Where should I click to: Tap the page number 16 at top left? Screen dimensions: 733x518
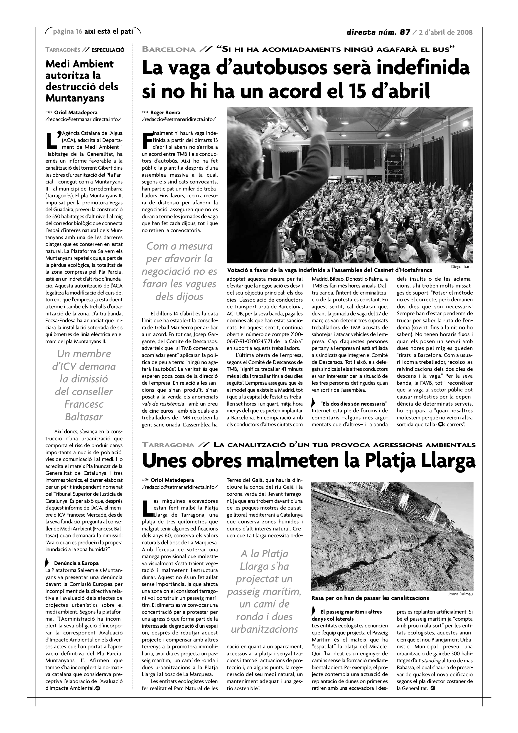pyautogui.click(x=79, y=31)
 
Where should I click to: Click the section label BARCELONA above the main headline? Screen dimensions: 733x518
pyautogui.click(x=169, y=50)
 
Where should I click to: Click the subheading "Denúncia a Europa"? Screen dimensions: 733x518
pyautogui.click(x=76, y=563)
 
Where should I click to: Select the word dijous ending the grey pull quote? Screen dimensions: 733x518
pyautogui.click(x=179, y=297)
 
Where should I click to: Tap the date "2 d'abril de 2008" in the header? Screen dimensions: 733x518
pyautogui.click(x=446, y=32)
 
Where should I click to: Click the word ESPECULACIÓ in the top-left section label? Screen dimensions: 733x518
pyautogui.click(x=108, y=50)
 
